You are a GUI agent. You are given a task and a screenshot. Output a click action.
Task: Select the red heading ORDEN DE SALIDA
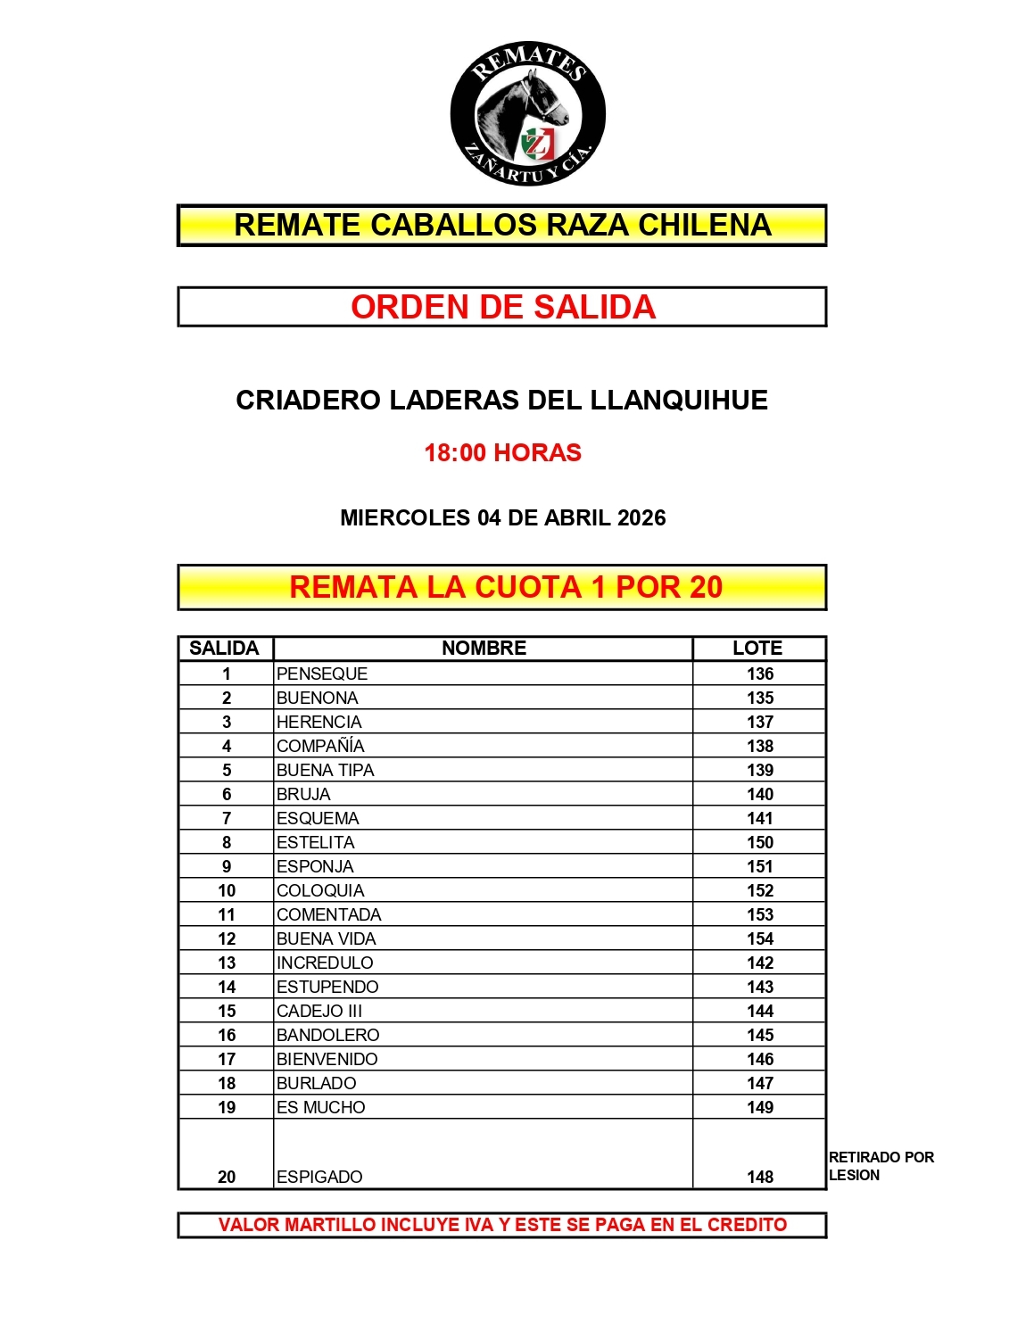click(502, 307)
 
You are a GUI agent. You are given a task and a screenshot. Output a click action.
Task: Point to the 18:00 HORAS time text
click(502, 452)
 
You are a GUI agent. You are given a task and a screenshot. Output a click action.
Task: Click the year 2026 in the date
click(641, 517)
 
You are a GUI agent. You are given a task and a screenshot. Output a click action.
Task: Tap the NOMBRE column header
click(484, 648)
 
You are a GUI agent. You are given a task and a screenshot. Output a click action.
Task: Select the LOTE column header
click(757, 648)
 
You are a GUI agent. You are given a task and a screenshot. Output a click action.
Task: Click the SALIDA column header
click(224, 648)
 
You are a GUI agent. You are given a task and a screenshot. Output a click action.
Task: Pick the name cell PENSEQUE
click(322, 674)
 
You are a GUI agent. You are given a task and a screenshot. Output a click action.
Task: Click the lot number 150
click(760, 842)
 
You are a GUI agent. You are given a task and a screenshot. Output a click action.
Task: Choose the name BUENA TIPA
click(326, 770)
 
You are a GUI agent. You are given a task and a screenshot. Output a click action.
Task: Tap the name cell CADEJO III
click(319, 1011)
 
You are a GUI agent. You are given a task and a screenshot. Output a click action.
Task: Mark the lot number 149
click(760, 1107)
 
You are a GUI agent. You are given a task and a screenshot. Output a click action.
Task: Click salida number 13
click(227, 963)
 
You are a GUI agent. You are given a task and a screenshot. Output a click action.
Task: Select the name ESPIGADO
click(319, 1177)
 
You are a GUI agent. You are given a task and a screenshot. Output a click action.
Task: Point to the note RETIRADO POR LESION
click(881, 1166)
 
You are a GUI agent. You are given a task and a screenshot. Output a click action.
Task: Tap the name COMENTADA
click(329, 914)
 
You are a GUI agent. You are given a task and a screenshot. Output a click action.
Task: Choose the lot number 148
click(760, 1177)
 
